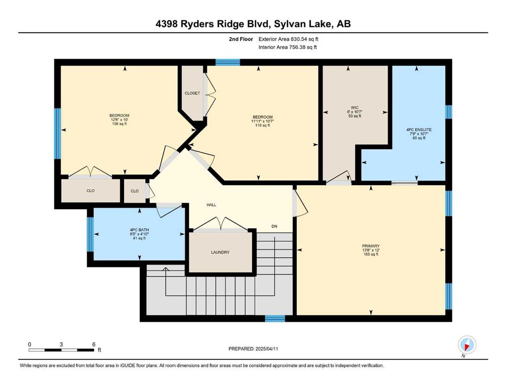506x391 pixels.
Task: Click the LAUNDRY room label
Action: [220, 253]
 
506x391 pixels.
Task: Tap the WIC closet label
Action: [355, 107]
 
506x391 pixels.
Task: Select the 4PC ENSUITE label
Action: [419, 130]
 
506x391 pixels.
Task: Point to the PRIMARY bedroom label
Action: [371, 246]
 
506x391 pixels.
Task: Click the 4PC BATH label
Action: [140, 230]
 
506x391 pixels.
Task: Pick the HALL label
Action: [211, 205]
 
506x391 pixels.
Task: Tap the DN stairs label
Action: [274, 226]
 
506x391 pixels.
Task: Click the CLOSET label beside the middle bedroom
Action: [192, 93]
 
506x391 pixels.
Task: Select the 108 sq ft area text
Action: [119, 124]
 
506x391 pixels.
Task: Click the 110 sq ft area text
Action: [262, 125]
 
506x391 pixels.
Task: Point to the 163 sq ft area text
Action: [371, 255]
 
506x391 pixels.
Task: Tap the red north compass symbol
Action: [467, 345]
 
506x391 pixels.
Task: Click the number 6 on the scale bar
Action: [94, 344]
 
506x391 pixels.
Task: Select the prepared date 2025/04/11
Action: [267, 349]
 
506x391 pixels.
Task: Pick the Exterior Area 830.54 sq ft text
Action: [288, 39]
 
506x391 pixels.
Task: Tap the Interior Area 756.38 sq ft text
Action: [287, 47]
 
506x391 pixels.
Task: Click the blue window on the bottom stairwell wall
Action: [275, 319]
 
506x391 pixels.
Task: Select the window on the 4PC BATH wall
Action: [90, 234]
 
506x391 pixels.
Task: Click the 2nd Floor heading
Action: [241, 39]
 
